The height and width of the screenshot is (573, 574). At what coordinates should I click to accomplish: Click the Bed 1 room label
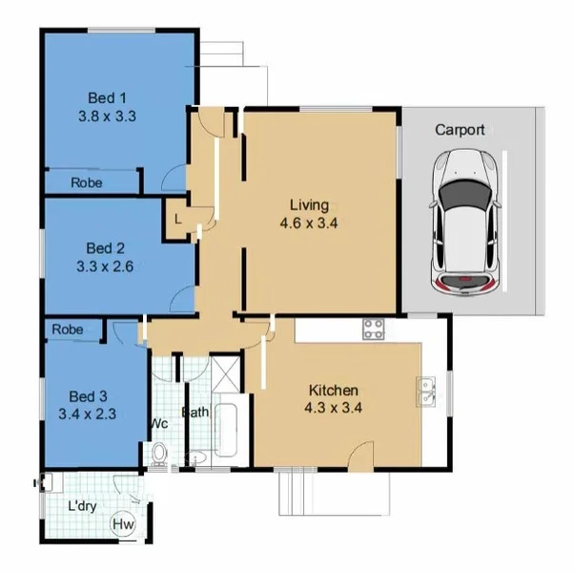[x=108, y=97]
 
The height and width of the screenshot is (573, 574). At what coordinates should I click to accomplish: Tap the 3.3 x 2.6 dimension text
[x=104, y=267]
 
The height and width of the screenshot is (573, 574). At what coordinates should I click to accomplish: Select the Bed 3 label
[x=88, y=395]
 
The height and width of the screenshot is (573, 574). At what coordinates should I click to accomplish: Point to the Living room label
[x=310, y=205]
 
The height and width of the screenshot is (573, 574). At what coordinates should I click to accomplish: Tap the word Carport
[x=460, y=130]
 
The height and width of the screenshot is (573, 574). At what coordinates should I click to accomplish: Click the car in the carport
[x=466, y=221]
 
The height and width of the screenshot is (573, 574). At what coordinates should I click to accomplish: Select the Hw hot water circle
[x=123, y=524]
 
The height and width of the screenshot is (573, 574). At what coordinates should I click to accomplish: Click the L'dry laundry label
[x=84, y=507]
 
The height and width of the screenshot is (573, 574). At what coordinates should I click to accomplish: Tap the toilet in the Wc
[x=160, y=454]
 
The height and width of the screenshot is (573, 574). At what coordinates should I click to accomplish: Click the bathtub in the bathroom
[x=227, y=433]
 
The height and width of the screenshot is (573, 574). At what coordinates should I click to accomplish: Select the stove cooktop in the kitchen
[x=373, y=330]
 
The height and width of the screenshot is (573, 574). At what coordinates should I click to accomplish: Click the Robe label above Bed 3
[x=68, y=329]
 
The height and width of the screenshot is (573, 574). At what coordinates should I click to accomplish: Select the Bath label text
[x=195, y=414]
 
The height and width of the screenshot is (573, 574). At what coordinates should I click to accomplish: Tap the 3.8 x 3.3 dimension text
[x=108, y=116]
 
